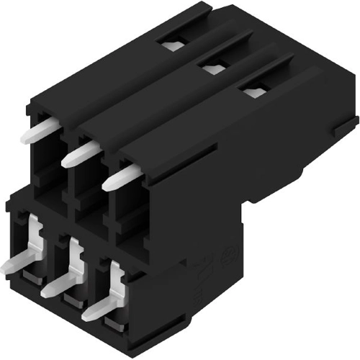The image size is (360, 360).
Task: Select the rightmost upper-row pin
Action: [118, 177]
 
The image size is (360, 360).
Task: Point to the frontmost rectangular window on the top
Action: [253, 91]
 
